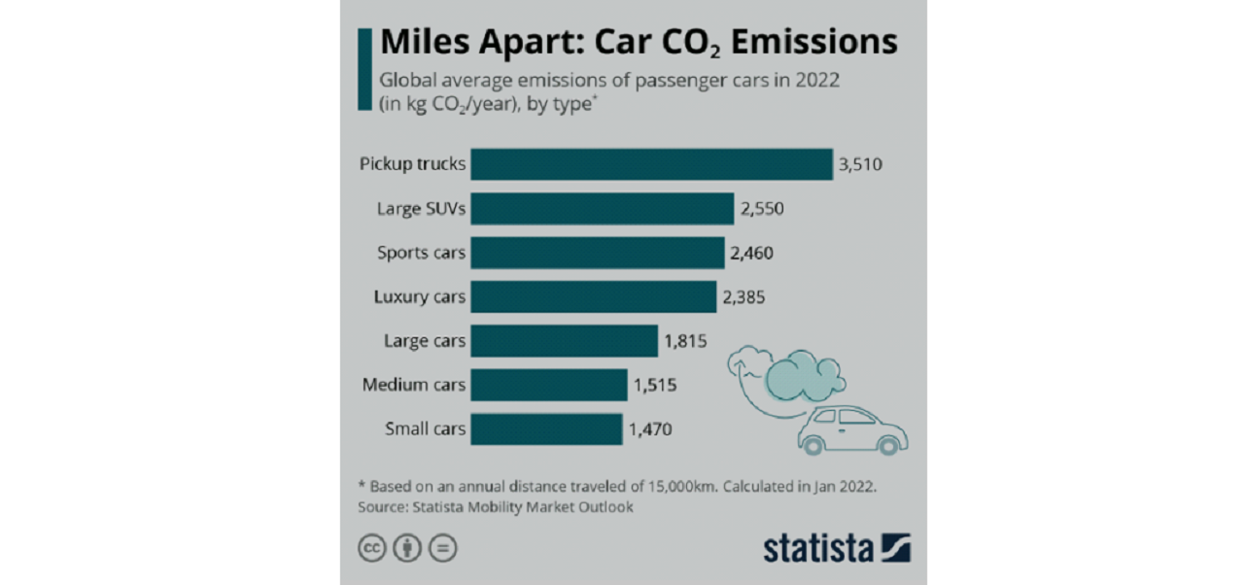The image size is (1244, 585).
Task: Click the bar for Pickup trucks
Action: click(652, 164)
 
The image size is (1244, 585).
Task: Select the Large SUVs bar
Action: click(603, 209)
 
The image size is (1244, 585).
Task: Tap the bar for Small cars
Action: click(546, 429)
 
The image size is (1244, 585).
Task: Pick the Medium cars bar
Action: click(549, 385)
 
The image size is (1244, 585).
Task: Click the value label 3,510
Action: click(860, 164)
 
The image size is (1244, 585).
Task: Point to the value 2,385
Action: click(743, 297)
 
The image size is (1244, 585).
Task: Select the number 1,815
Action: click(684, 341)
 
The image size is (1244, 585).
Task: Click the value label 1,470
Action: click(650, 429)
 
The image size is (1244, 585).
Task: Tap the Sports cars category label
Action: click(422, 253)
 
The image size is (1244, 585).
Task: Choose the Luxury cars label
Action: click(420, 297)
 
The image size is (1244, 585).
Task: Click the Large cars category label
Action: click(425, 341)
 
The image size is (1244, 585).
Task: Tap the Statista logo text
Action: click(817, 548)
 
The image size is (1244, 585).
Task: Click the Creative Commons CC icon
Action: click(371, 549)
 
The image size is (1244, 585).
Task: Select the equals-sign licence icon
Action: click(443, 549)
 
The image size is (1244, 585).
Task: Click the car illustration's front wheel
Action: click(886, 445)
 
